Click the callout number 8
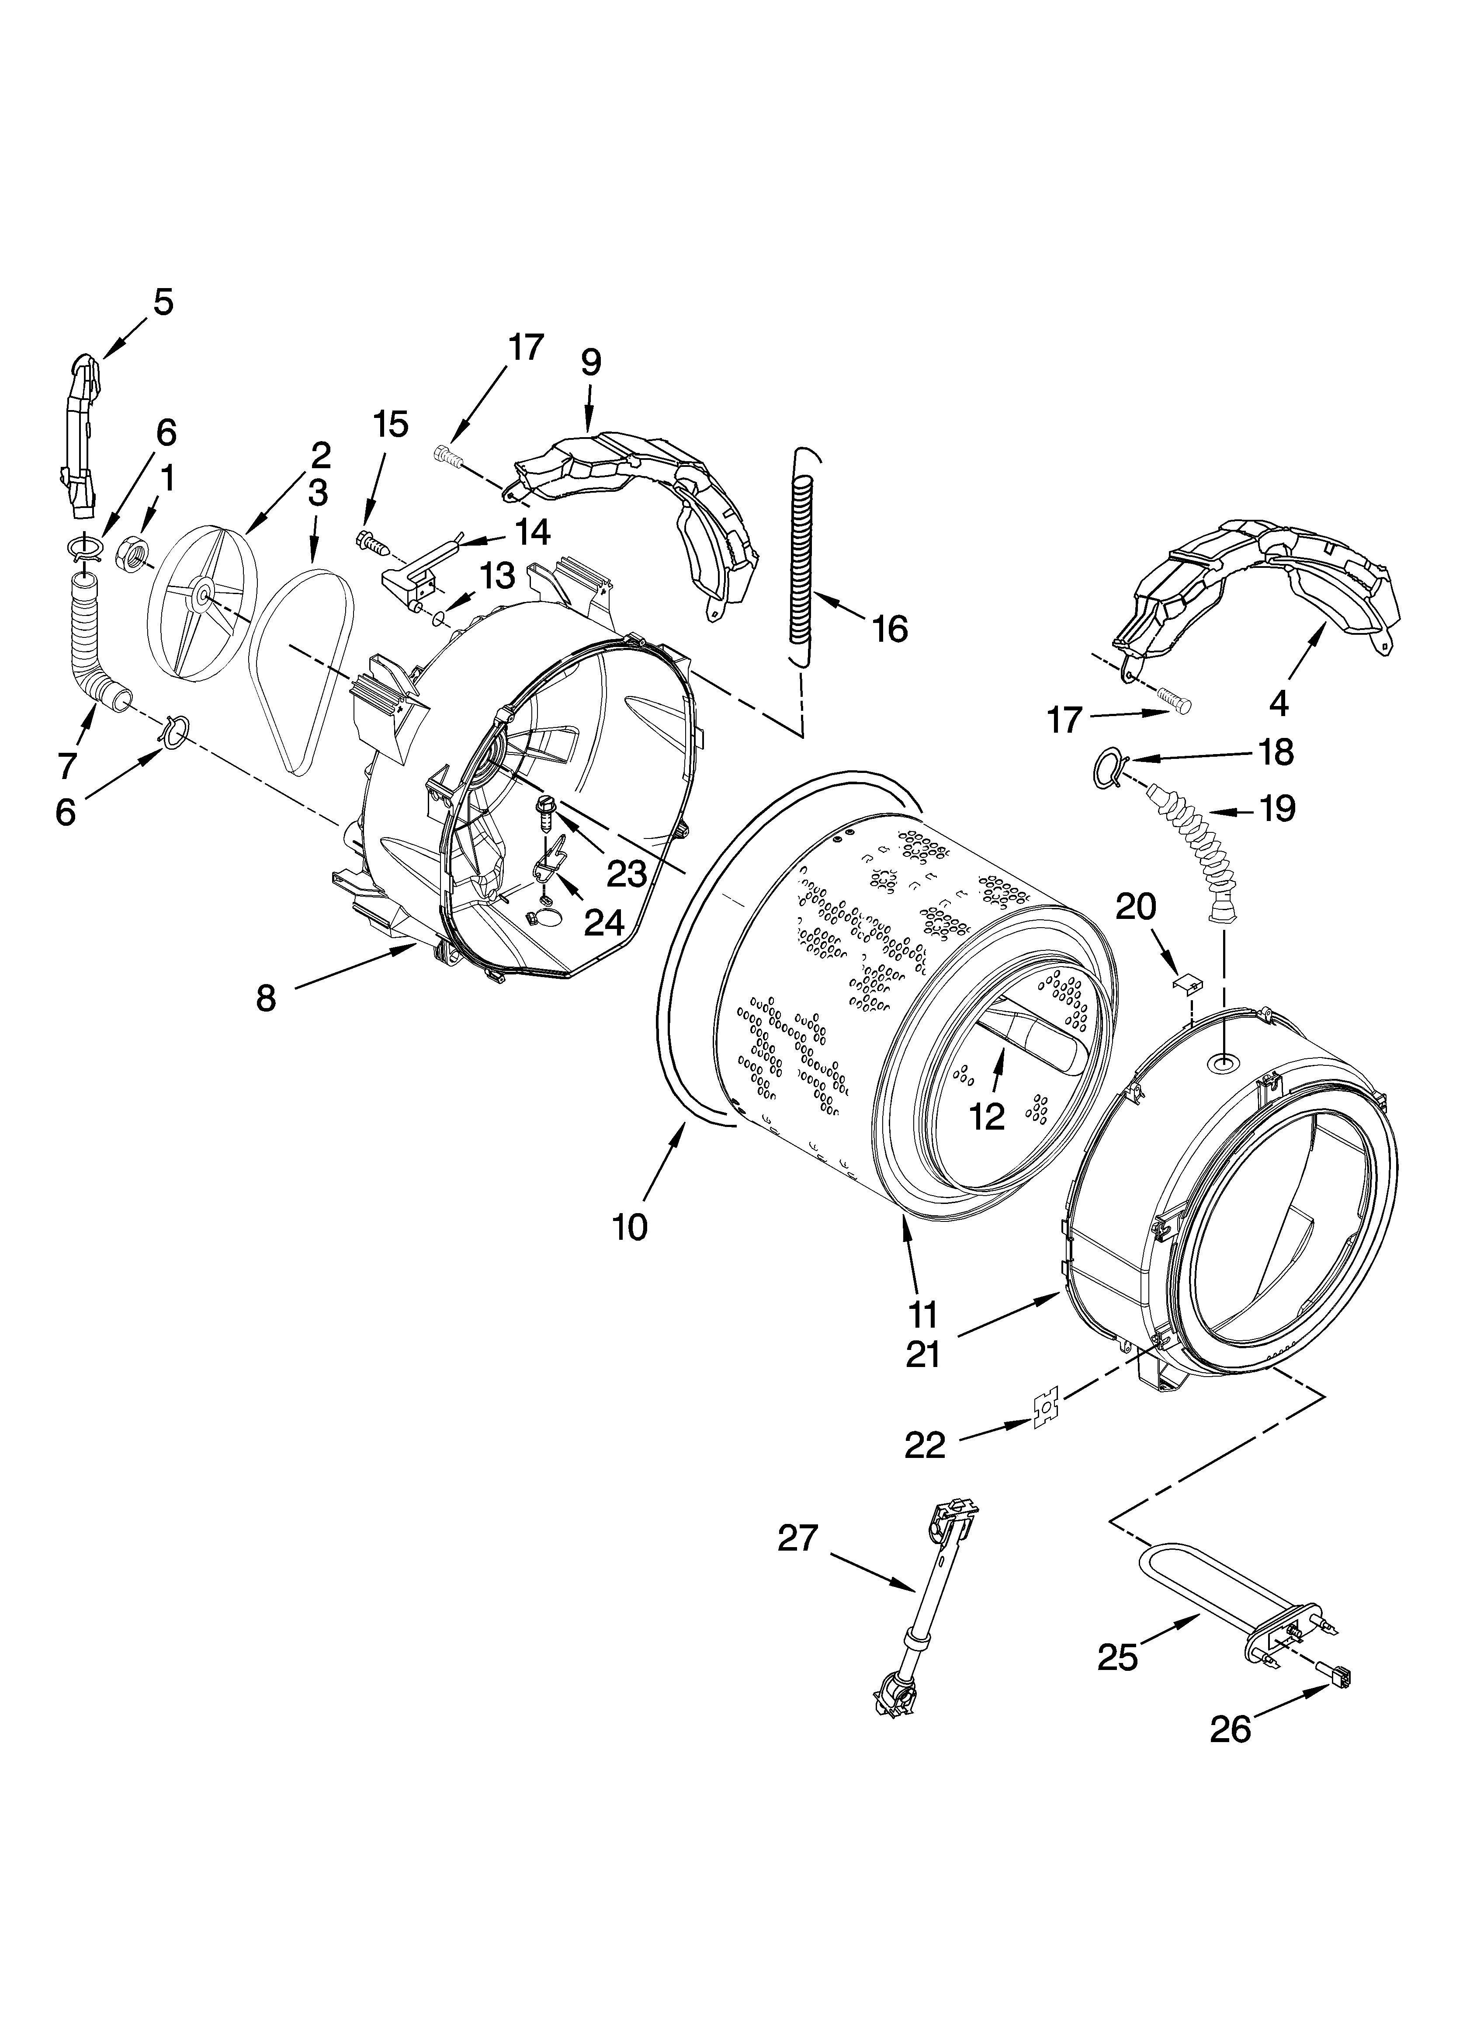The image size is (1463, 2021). coord(266,998)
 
